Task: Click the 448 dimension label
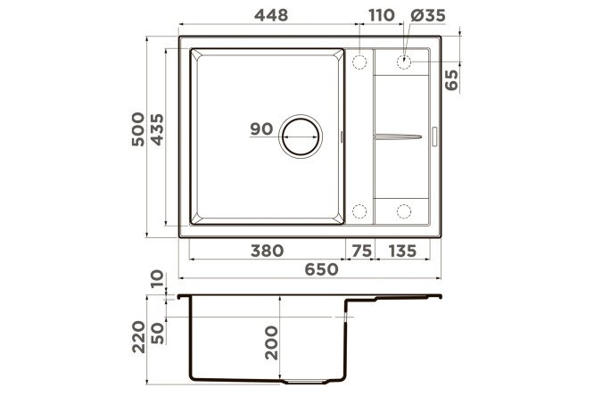coord(271,15)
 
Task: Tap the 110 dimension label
coord(382,15)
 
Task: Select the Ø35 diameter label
coord(428,15)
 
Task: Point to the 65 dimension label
coord(451,80)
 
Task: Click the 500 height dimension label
coord(138,129)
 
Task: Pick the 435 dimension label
coord(157,129)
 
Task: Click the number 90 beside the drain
coord(261,129)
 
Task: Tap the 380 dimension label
coord(267,251)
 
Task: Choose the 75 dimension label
coord(362,251)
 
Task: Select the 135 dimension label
coord(402,251)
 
